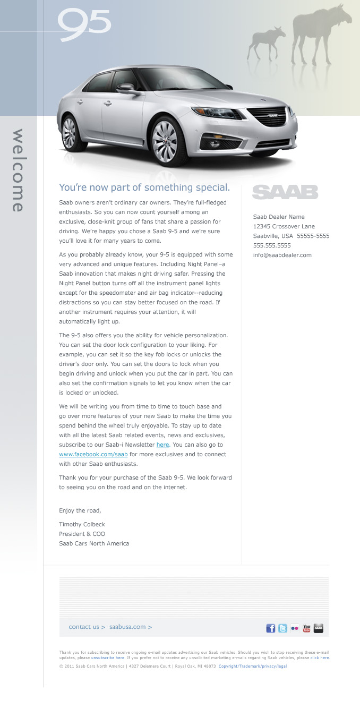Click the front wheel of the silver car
click(165, 140)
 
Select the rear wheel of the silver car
click(69, 133)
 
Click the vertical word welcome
click(18, 170)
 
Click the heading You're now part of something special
click(144, 187)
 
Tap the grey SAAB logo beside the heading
click(285, 192)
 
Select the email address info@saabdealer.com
click(282, 255)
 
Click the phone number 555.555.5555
click(272, 245)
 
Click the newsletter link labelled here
click(162, 445)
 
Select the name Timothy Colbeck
click(82, 524)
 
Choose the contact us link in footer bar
click(87, 627)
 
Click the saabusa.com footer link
click(131, 627)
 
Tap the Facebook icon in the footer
click(271, 628)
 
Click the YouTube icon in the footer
click(306, 628)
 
